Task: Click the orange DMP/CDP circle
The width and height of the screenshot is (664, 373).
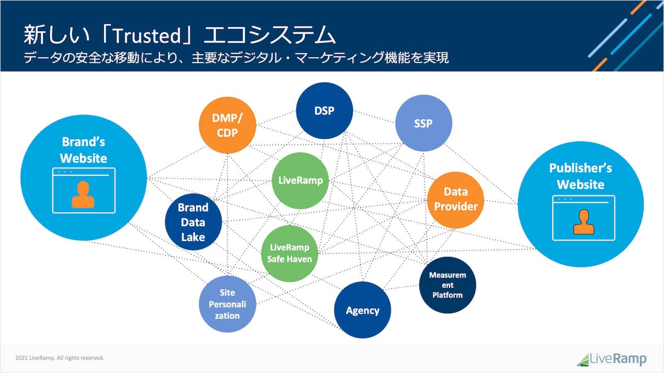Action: (227, 125)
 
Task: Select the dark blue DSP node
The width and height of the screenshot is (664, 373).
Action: (324, 111)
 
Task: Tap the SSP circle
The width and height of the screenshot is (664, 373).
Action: (423, 123)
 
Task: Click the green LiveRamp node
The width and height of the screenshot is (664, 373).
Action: (300, 180)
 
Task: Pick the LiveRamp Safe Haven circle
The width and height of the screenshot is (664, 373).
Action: (289, 253)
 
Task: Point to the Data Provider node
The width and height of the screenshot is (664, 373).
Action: (455, 199)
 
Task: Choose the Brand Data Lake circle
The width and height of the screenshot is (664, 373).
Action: (193, 222)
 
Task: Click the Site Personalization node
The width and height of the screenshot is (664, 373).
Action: (227, 304)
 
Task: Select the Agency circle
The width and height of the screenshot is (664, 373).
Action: (362, 310)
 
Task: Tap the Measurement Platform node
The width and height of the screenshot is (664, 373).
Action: (447, 285)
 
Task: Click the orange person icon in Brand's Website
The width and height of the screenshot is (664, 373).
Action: (83, 194)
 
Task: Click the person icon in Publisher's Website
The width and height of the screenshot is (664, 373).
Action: (583, 222)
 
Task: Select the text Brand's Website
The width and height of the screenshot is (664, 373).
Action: (83, 150)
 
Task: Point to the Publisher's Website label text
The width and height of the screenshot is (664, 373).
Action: (580, 176)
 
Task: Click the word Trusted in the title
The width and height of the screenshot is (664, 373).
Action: (147, 36)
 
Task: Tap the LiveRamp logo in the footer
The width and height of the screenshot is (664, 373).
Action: (612, 359)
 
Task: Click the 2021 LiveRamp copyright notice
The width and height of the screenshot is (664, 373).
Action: (59, 358)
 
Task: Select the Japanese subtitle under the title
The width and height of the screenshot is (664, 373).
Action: (236, 58)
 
